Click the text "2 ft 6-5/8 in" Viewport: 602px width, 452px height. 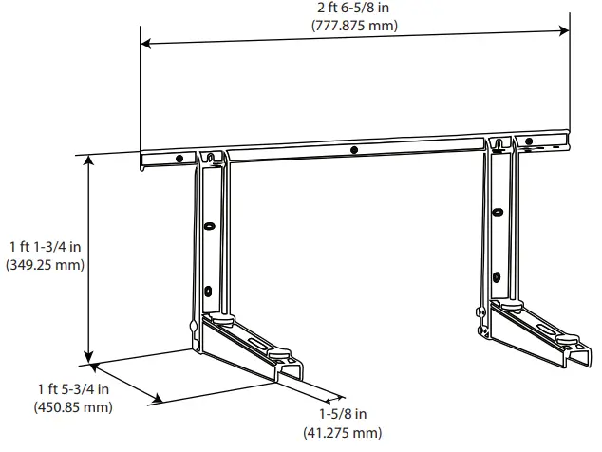pos(356,9)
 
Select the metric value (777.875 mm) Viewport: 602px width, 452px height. pos(356,26)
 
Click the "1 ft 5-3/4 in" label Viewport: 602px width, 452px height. pos(73,390)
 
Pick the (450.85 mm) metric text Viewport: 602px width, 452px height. pos(73,407)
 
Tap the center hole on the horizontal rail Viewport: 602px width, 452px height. pos(353,150)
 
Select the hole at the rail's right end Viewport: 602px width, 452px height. pos(530,143)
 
